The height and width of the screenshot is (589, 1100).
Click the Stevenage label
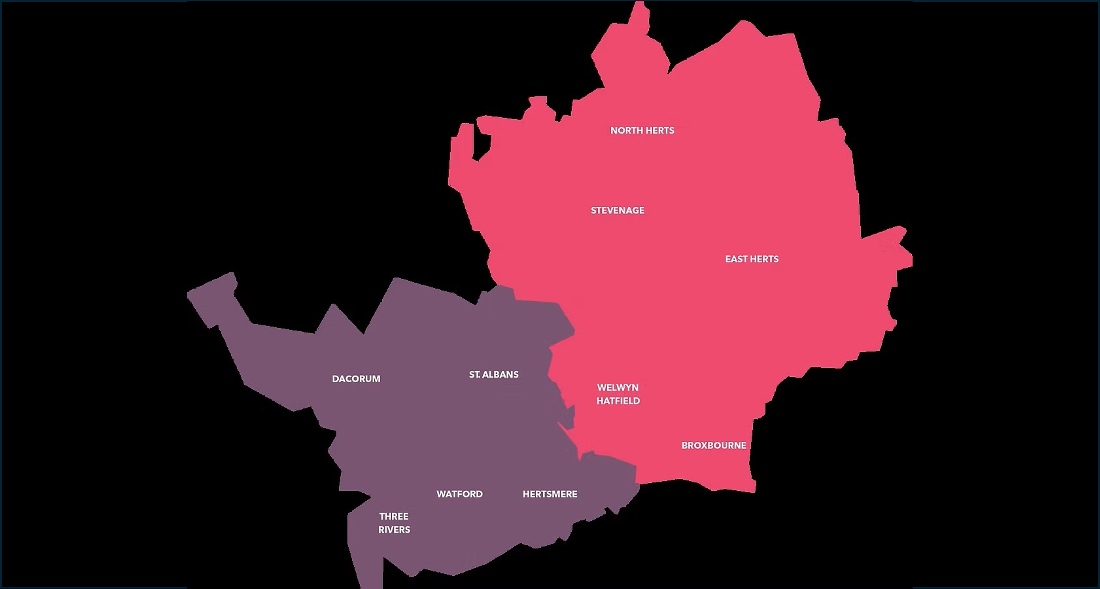618,210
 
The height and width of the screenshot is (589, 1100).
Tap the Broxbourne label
714,445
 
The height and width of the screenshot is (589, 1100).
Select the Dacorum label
356,379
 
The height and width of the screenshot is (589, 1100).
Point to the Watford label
460,494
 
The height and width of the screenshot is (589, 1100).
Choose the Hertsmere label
550,494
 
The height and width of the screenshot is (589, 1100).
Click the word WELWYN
618,388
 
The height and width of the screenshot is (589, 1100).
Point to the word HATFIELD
618,401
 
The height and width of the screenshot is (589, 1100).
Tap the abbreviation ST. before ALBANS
475,375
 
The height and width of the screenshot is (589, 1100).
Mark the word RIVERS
394,530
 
